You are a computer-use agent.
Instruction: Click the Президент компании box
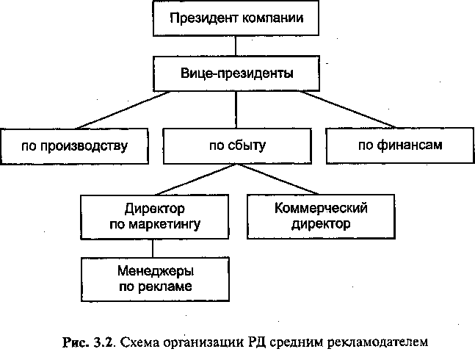(236, 18)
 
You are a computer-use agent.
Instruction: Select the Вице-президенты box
(236, 73)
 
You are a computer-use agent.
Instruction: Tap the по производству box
(75, 146)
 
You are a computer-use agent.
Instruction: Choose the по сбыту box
(237, 146)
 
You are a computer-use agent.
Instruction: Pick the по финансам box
(400, 145)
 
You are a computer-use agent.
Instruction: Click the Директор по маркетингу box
(154, 217)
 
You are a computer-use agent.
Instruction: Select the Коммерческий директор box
(321, 216)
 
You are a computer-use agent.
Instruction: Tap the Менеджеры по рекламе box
(155, 279)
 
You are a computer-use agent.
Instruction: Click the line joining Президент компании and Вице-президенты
(236, 46)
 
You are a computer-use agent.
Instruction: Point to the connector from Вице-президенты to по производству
(123, 110)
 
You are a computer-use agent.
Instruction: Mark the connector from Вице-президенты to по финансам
(349, 109)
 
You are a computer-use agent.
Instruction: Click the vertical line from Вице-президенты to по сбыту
(236, 109)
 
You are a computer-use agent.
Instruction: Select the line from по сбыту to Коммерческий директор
(278, 179)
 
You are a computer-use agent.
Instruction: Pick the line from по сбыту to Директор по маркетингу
(196, 179)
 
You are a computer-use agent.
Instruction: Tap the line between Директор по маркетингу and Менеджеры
(153, 248)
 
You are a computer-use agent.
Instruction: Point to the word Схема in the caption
(139, 342)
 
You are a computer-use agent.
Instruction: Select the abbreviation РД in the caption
(256, 342)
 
